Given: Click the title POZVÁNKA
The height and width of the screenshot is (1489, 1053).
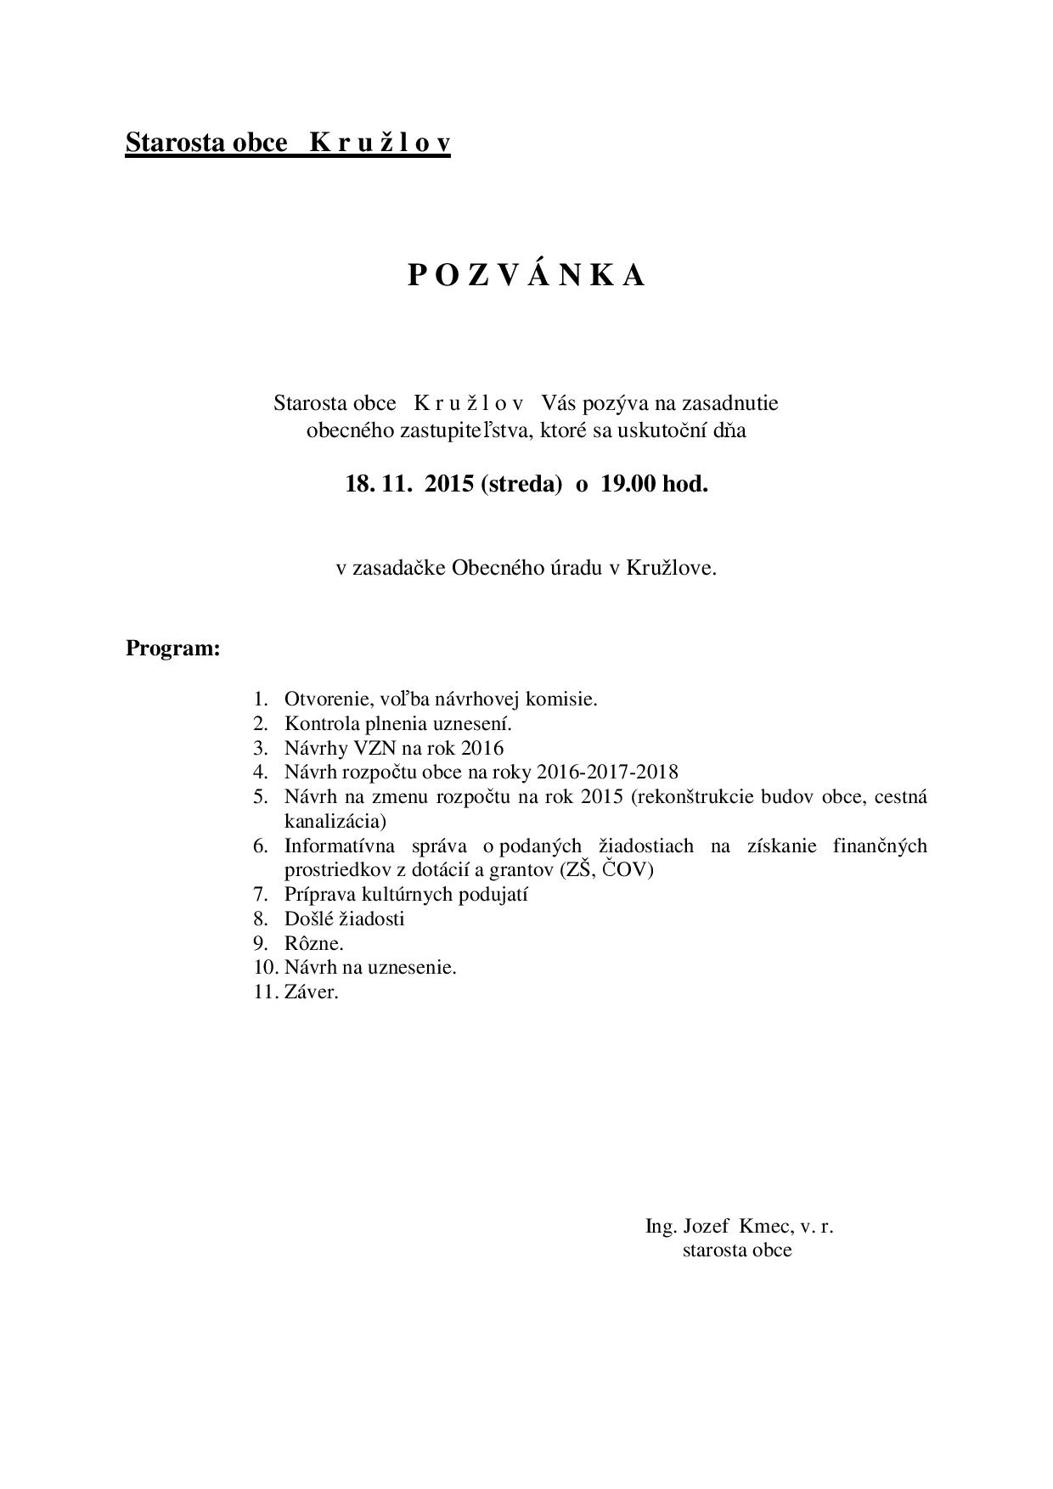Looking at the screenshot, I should tap(526, 275).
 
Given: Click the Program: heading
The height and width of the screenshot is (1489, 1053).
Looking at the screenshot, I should tap(173, 649).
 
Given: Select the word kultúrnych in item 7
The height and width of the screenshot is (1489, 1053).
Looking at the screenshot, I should tap(410, 894).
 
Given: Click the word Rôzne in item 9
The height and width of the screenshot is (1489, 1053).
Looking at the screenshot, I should tap(312, 943).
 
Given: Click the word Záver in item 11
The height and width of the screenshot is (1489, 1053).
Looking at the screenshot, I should tap(309, 992).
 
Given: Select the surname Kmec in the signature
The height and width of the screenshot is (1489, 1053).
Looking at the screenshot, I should tap(765, 1226).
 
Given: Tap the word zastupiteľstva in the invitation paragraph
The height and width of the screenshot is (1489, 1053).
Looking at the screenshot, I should tap(471, 430).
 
